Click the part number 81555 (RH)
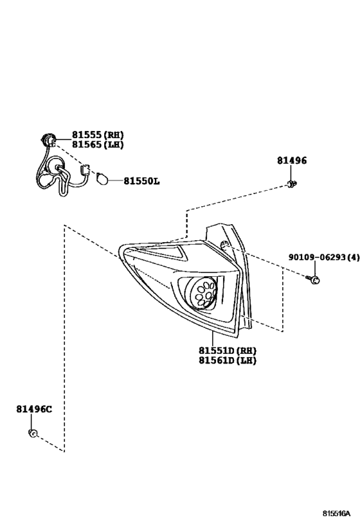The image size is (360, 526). pyautogui.click(x=98, y=135)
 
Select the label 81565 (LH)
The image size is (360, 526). pyautogui.click(x=98, y=145)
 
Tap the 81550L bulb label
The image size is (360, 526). pyautogui.click(x=141, y=181)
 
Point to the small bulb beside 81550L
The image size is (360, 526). pyautogui.click(x=102, y=179)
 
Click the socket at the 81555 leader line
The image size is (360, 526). pyautogui.click(x=48, y=139)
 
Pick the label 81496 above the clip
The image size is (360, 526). pyautogui.click(x=292, y=161)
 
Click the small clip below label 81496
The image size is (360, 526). pyautogui.click(x=292, y=184)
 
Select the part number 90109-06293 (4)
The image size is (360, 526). pyautogui.click(x=324, y=258)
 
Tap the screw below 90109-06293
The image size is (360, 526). pyautogui.click(x=313, y=279)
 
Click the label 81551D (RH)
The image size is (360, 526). pyautogui.click(x=228, y=351)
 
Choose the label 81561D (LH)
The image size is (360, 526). pyautogui.click(x=228, y=360)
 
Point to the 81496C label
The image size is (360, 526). pyautogui.click(x=34, y=409)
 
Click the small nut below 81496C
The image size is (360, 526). pyautogui.click(x=33, y=434)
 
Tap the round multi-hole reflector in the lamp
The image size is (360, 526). pyautogui.click(x=203, y=291)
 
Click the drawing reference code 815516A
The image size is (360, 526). pyautogui.click(x=336, y=513)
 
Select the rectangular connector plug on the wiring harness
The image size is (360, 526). pyautogui.click(x=85, y=170)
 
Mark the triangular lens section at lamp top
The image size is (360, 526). pyautogui.click(x=161, y=252)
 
